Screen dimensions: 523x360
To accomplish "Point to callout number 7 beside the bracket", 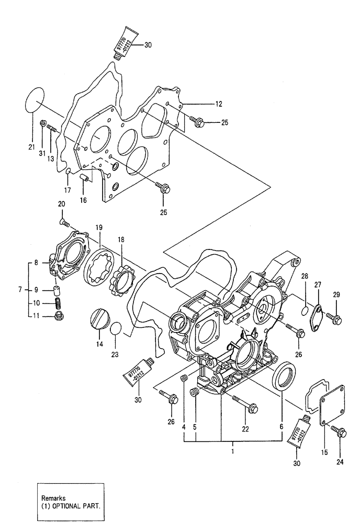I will (20, 289).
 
